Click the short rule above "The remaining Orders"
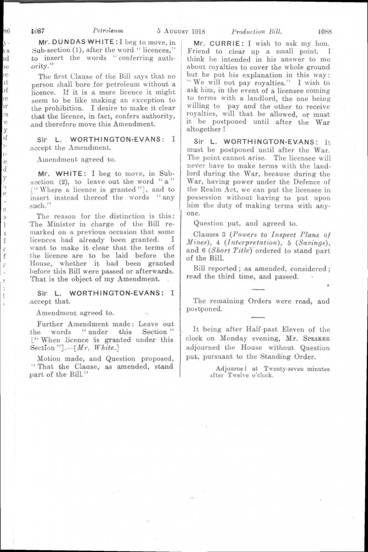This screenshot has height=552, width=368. (x=253, y=289)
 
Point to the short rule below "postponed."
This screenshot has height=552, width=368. (x=253, y=317)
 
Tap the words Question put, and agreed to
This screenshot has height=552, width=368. (x=246, y=224)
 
